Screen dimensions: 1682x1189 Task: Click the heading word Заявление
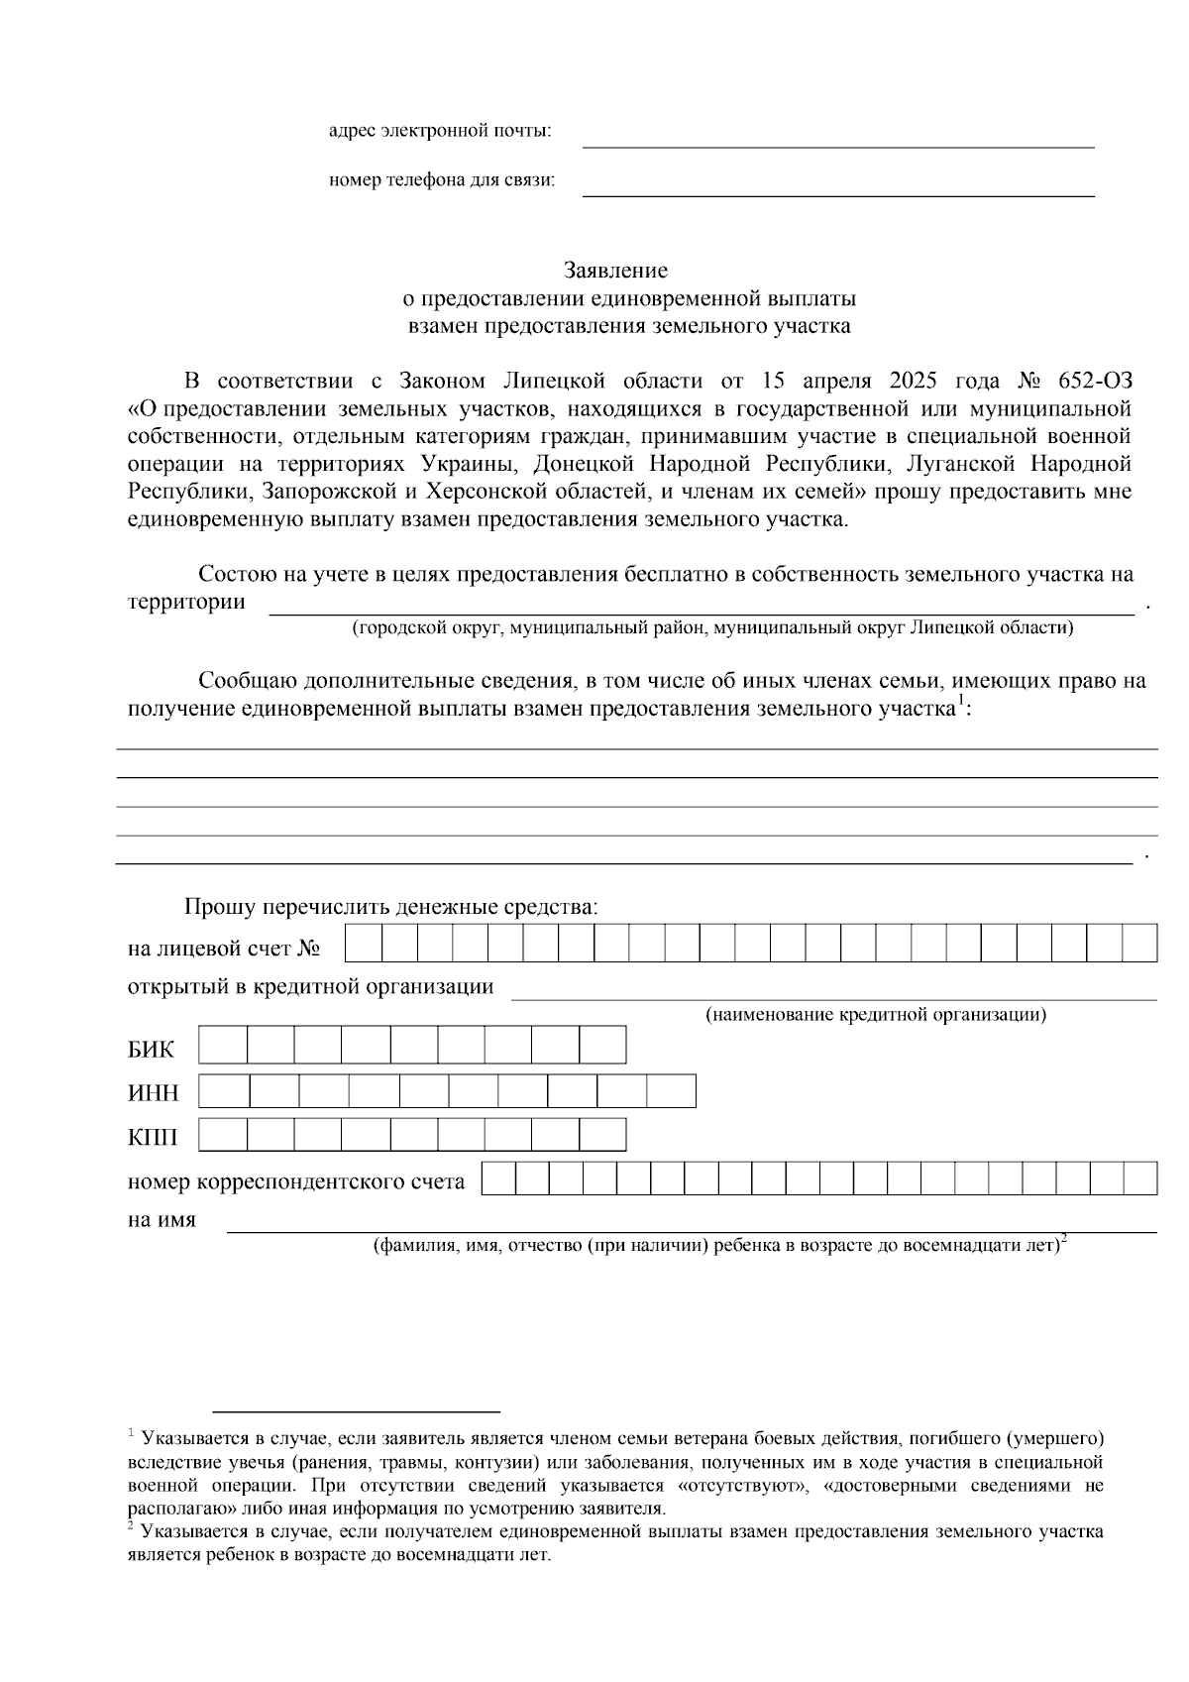[615, 270]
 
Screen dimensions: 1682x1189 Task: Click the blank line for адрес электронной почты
[837, 139]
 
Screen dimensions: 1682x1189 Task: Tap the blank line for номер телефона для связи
[837, 188]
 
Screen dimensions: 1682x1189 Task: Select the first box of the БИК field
[223, 1045]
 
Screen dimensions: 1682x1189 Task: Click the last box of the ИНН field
[672, 1091]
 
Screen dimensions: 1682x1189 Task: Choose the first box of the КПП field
[223, 1136]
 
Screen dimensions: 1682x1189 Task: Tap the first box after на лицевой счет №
[364, 943]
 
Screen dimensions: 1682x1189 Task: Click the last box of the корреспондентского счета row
[1140, 1178]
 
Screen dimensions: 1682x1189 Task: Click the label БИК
[151, 1050]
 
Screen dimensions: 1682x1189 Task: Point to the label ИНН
[154, 1094]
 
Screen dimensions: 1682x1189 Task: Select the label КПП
[153, 1138]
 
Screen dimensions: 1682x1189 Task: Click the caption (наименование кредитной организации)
[876, 1015]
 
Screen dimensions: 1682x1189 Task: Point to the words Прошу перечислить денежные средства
[390, 907]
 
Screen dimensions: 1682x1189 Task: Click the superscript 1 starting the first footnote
[131, 1433]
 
